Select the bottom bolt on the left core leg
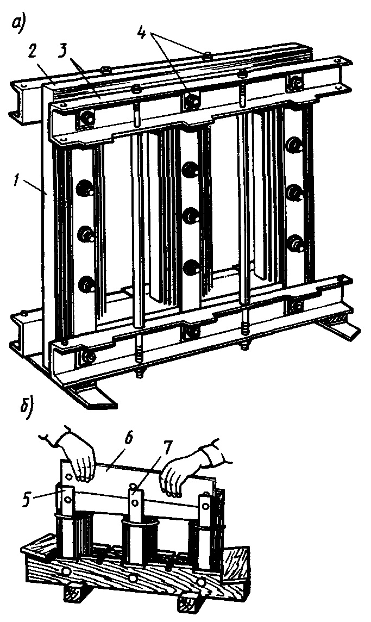pyautogui.click(x=86, y=282)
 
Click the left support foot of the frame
pyautogui.click(x=92, y=395)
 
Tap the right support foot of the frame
pyautogui.click(x=340, y=329)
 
